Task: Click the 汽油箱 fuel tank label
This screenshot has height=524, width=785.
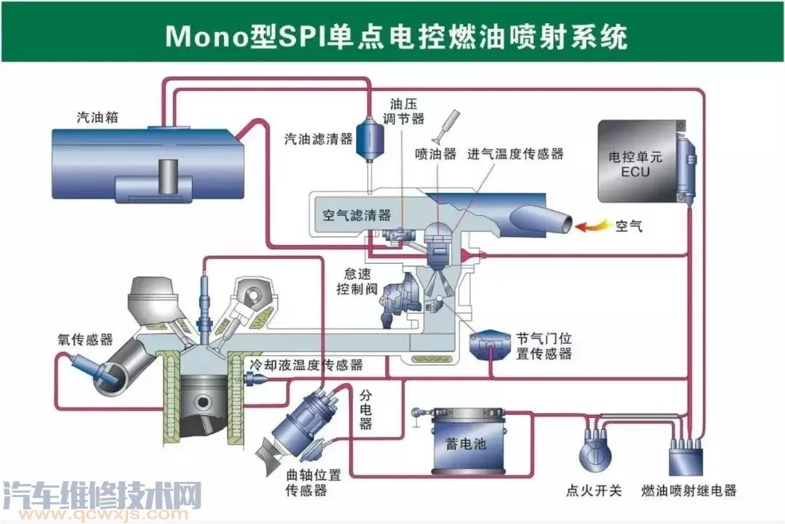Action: pyautogui.click(x=99, y=117)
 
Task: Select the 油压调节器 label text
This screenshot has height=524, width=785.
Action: pyautogui.click(x=407, y=111)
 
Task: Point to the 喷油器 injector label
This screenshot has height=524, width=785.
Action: pyautogui.click(x=435, y=154)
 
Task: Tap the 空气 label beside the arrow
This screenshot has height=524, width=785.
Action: pyautogui.click(x=629, y=226)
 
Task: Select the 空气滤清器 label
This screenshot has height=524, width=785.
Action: pyautogui.click(x=356, y=215)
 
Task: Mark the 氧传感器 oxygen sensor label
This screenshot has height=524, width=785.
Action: pyautogui.click(x=86, y=339)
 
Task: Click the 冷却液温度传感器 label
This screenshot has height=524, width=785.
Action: pyautogui.click(x=305, y=365)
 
